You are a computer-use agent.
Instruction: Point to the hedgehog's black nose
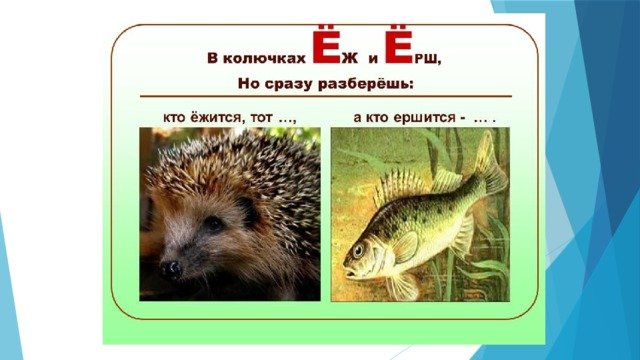171,268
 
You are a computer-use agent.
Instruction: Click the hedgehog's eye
212,223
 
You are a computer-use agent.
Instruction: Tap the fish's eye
358,251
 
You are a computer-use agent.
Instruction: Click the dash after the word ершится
461,116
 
